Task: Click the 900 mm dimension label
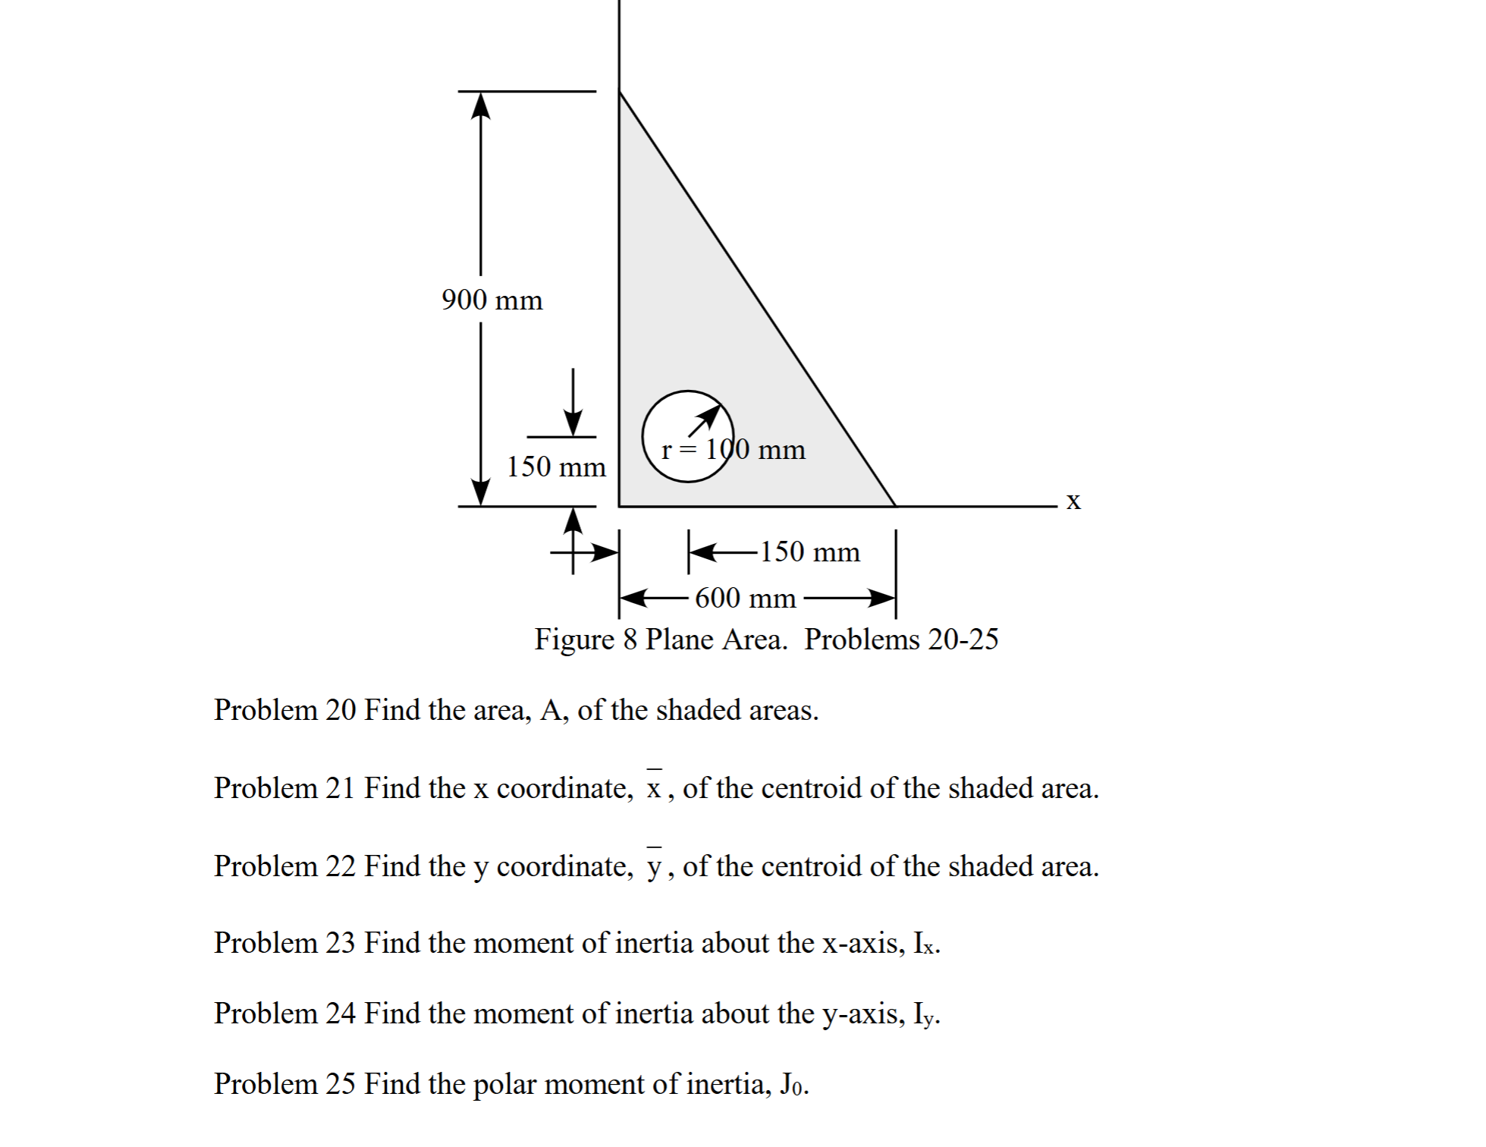[492, 300]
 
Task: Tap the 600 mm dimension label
[745, 599]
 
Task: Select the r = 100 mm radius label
[734, 450]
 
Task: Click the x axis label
[1073, 501]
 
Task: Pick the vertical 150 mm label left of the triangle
[556, 467]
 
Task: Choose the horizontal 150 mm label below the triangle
[809, 552]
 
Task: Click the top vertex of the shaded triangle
[620, 92]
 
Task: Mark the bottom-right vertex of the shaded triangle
[895, 505]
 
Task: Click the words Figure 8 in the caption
[586, 639]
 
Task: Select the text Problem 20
[284, 710]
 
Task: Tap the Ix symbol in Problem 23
[926, 944]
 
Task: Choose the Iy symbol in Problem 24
[926, 1014]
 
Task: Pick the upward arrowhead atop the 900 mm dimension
[480, 105]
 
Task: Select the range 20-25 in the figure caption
[963, 639]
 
